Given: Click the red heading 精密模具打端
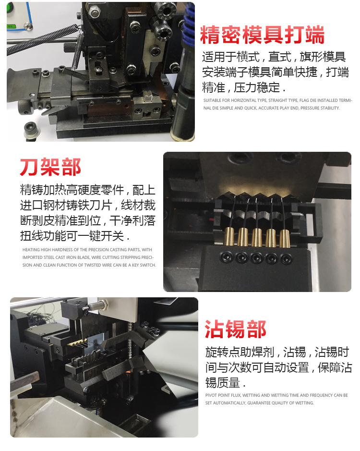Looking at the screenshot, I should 262,35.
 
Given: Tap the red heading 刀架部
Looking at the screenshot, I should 51,167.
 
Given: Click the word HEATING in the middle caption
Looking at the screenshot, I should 31,250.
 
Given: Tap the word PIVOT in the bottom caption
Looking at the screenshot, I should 211,395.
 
